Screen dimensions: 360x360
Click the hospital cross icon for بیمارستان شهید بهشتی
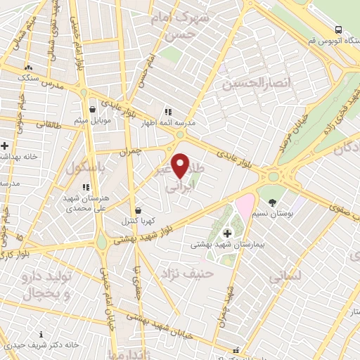(227, 233)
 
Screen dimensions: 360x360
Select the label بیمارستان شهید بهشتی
(226, 247)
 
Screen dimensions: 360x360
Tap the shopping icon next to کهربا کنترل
(137, 210)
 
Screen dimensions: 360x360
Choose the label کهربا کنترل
(137, 221)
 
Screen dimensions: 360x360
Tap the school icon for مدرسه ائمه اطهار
(167, 112)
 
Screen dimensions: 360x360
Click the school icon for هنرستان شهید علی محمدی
(85, 187)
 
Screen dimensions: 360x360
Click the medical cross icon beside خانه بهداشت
(4, 146)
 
